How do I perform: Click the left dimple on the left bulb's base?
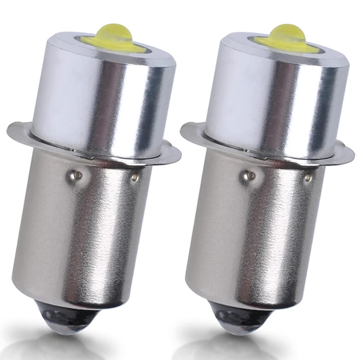[x=74, y=174]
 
